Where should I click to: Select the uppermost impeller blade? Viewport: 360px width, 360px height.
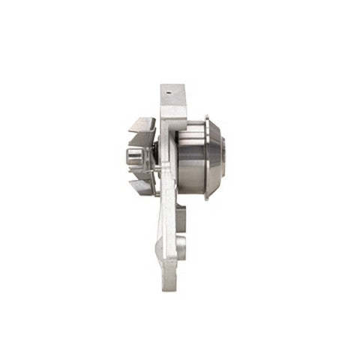[142, 123]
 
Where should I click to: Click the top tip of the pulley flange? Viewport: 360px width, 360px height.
[206, 118]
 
